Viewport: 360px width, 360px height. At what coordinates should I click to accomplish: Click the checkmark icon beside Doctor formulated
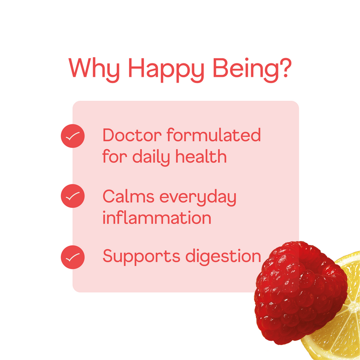click(72, 136)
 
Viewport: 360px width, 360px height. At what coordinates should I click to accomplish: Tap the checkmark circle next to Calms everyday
click(72, 196)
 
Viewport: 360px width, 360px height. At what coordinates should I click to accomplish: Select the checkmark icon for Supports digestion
click(72, 257)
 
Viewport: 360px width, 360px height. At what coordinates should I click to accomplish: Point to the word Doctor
click(132, 135)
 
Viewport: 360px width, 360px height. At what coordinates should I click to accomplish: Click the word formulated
click(214, 135)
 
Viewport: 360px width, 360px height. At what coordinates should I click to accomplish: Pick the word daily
click(151, 157)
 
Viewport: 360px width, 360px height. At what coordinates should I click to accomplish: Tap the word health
click(201, 156)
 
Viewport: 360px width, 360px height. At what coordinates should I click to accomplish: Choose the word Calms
click(128, 196)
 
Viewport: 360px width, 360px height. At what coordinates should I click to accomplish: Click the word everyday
click(198, 197)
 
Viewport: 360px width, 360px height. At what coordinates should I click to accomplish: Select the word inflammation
click(156, 217)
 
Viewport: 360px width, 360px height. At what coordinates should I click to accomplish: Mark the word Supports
click(141, 257)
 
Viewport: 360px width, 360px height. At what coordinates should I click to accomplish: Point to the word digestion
click(223, 256)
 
